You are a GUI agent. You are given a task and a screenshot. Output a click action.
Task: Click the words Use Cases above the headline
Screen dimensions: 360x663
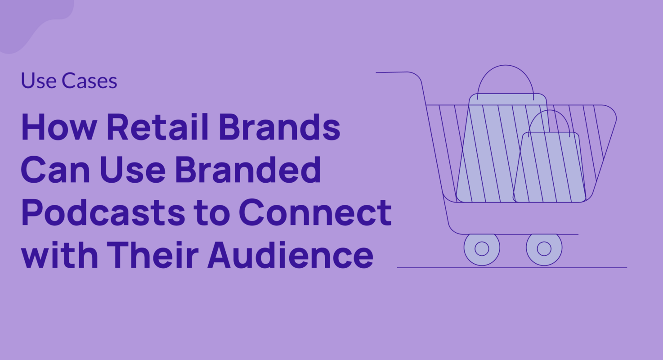[x=69, y=81]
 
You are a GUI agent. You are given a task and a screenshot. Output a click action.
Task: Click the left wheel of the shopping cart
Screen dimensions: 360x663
[x=482, y=248]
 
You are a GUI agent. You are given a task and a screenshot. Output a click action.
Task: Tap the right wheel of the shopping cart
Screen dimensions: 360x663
[x=544, y=248]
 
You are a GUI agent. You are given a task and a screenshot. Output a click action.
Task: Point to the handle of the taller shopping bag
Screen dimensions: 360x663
[x=506, y=76]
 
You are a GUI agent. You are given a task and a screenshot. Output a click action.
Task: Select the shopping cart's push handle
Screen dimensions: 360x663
[x=396, y=72]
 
